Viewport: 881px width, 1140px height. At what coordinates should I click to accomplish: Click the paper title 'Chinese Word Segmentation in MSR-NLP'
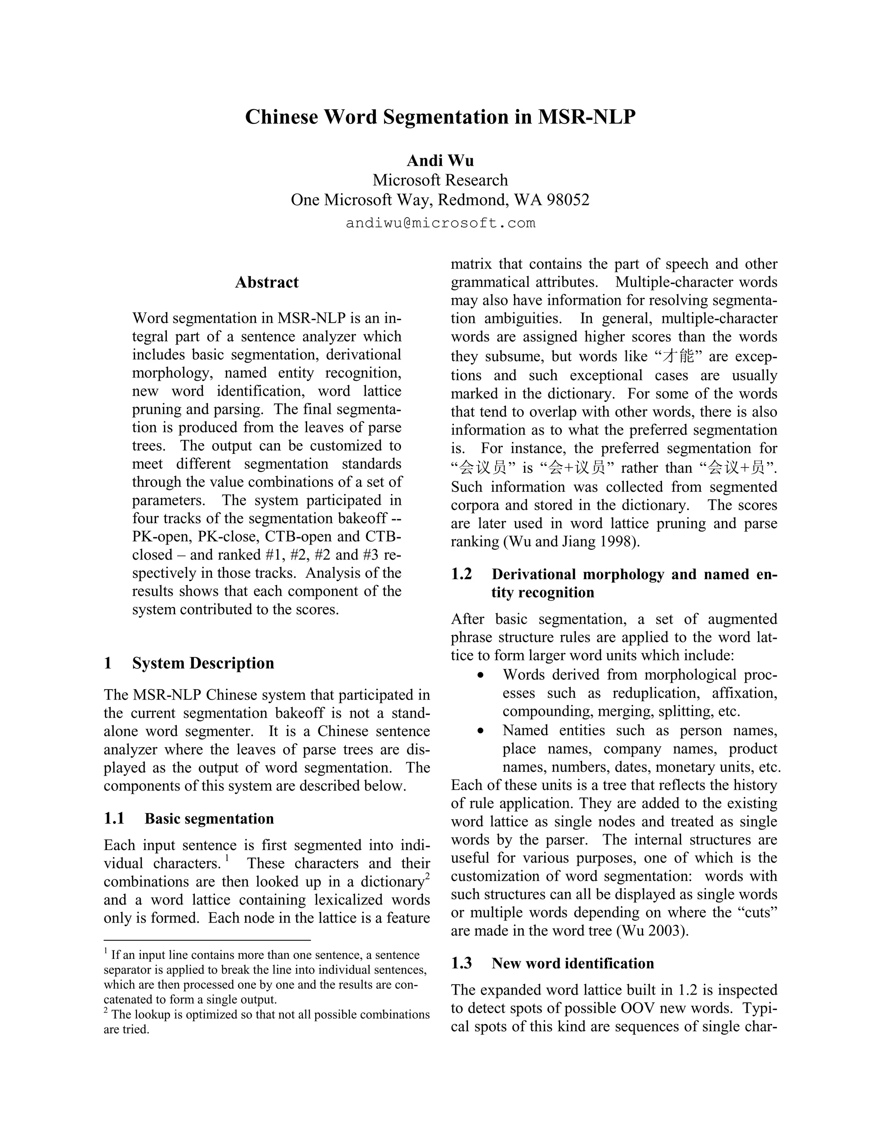[x=440, y=117]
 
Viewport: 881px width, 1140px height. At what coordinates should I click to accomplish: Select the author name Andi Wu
[x=440, y=160]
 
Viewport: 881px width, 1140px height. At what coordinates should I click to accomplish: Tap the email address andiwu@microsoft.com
[x=440, y=223]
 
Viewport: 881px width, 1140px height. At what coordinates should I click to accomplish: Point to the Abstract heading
[x=267, y=282]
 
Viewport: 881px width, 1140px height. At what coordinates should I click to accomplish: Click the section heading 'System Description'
[x=203, y=663]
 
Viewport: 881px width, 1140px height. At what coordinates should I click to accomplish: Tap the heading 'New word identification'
[x=573, y=963]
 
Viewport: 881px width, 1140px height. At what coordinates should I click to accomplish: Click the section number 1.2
[x=462, y=574]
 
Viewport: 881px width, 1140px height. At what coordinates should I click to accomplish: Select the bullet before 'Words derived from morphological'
[x=481, y=675]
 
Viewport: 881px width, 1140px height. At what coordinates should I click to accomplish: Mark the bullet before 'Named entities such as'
[x=481, y=731]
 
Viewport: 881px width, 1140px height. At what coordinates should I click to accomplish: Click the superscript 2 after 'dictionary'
[x=427, y=876]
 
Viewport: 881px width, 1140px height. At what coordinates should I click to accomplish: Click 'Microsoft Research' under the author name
[x=440, y=180]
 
